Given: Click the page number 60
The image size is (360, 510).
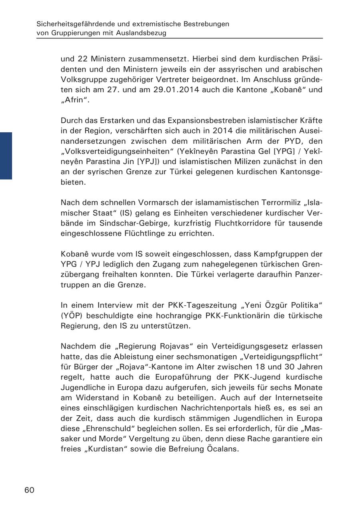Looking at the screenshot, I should click(30, 490).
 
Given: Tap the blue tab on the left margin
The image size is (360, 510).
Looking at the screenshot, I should click(6, 155).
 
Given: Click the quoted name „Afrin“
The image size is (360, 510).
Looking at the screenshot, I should click(75, 100).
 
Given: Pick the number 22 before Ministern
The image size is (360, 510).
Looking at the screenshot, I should click(82, 59).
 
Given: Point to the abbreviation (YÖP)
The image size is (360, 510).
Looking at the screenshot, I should click(72, 316).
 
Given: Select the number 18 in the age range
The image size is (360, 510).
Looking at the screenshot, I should click(262, 367).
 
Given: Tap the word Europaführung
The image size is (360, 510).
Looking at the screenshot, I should click(174, 377).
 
